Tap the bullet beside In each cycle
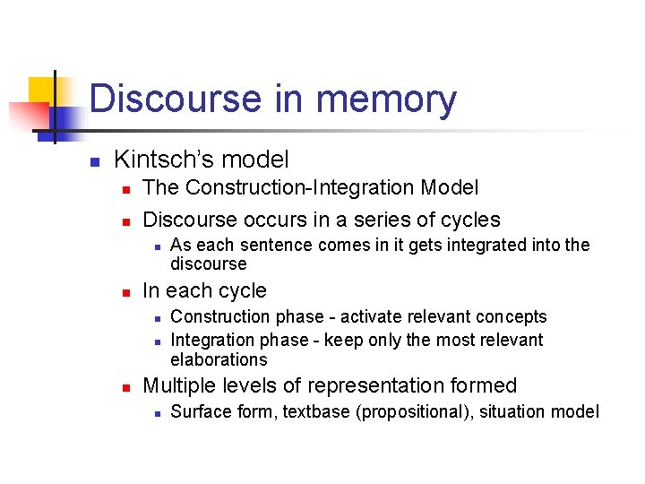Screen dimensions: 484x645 coord(126,292)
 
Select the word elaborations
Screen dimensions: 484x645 coord(219,359)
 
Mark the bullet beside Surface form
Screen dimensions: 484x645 coord(156,413)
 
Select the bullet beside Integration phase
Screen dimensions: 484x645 coord(156,341)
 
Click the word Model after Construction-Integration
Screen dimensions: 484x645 coord(450,188)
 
